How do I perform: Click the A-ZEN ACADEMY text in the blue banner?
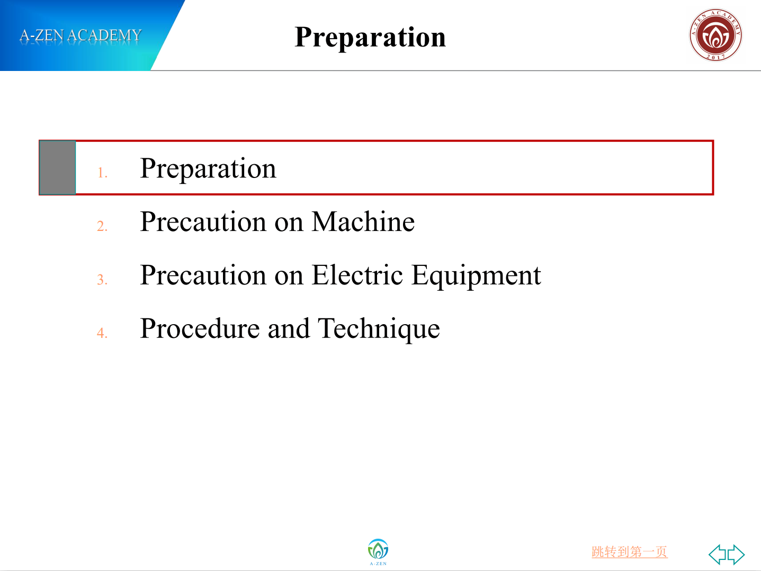[80, 35]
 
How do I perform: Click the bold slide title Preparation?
[370, 38]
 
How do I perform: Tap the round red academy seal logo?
[715, 35]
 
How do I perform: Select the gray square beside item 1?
[58, 167]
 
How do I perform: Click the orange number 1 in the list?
[102, 173]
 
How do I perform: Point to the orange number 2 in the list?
[102, 226]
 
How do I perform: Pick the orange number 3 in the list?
[102, 280]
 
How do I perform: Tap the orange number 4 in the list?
[102, 333]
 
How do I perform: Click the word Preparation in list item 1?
[208, 169]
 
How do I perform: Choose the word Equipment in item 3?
[476, 276]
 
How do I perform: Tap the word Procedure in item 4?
[200, 328]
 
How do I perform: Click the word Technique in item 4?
[379, 329]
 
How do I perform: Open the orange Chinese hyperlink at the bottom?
[630, 551]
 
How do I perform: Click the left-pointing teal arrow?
[718, 555]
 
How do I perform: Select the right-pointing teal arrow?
[736, 555]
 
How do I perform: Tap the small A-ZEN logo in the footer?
[378, 552]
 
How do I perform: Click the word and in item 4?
[289, 328]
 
